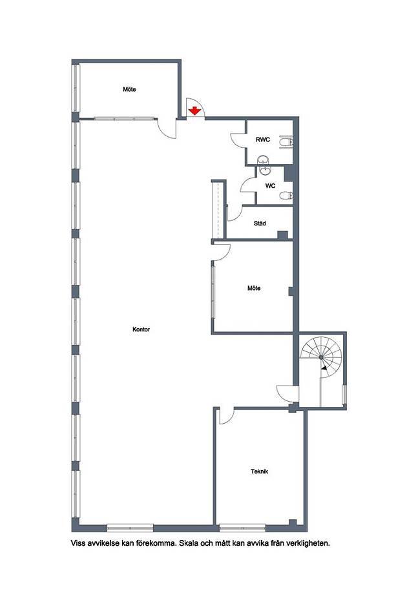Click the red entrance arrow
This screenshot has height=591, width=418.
(194, 111)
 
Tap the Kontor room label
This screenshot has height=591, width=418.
(141, 329)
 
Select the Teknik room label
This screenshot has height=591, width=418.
(259, 472)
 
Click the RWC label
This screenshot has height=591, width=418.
(263, 140)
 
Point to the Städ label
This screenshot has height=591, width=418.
(260, 223)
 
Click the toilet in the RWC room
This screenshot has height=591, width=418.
(287, 141)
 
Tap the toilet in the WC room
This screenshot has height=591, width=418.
(287, 196)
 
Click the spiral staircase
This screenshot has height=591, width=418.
(321, 357)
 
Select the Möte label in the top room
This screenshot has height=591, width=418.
(129, 90)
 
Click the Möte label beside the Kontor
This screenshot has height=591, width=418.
(254, 288)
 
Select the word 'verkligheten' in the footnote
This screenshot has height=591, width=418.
(308, 543)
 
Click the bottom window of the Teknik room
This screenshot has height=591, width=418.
(243, 527)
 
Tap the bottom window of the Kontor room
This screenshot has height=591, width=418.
(131, 527)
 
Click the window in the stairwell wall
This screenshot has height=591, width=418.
(344, 395)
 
